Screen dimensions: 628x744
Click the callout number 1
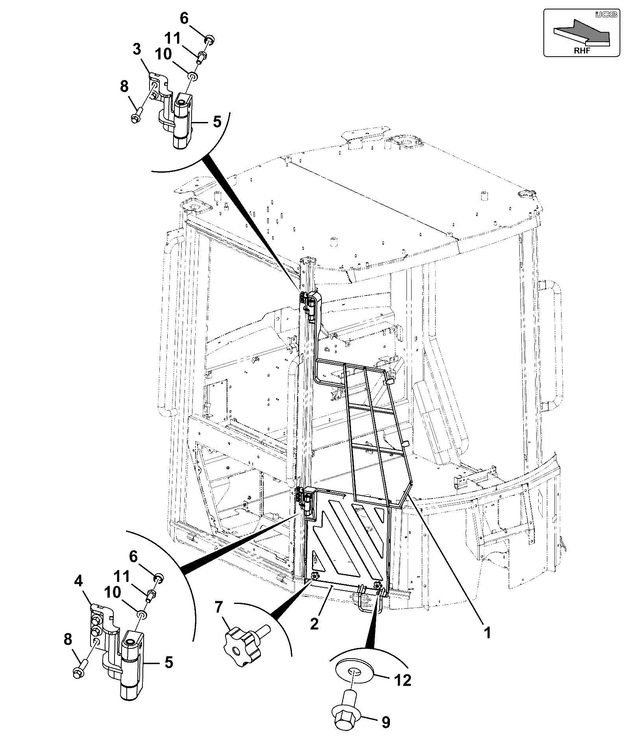coord(488,633)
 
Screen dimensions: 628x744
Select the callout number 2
coord(314,624)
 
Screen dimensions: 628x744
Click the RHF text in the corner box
coord(582,51)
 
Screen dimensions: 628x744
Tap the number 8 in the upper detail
coord(124,87)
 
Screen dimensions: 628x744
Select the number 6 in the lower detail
coord(133,557)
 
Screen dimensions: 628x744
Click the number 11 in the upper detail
coord(172,39)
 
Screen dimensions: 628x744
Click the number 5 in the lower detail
coord(168,662)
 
